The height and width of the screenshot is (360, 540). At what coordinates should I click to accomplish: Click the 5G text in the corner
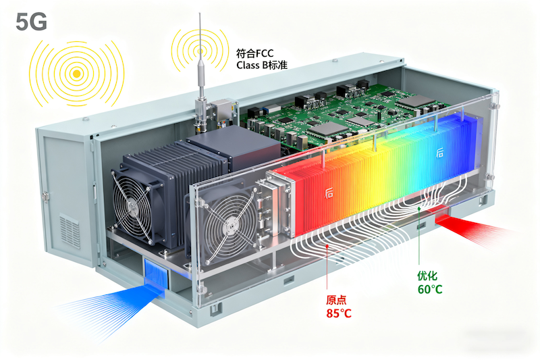pyautogui.click(x=31, y=22)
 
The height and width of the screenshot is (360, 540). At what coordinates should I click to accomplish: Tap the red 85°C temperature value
pyautogui.click(x=339, y=313)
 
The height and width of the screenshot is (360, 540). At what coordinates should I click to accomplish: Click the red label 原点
pyautogui.click(x=337, y=300)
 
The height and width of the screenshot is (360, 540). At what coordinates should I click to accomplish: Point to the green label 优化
pyautogui.click(x=429, y=276)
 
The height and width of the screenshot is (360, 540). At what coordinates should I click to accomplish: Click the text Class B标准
pyautogui.click(x=262, y=66)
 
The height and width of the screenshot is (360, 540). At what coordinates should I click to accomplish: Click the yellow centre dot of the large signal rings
pyautogui.click(x=78, y=72)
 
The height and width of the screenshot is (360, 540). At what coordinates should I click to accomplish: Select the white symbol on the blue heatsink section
pyautogui.click(x=439, y=154)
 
